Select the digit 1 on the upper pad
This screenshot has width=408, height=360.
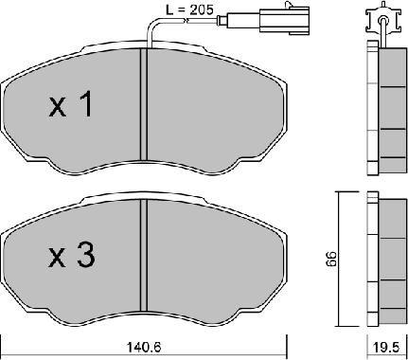coord(84,106)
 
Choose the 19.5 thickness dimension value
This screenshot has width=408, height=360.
coord(382,346)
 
